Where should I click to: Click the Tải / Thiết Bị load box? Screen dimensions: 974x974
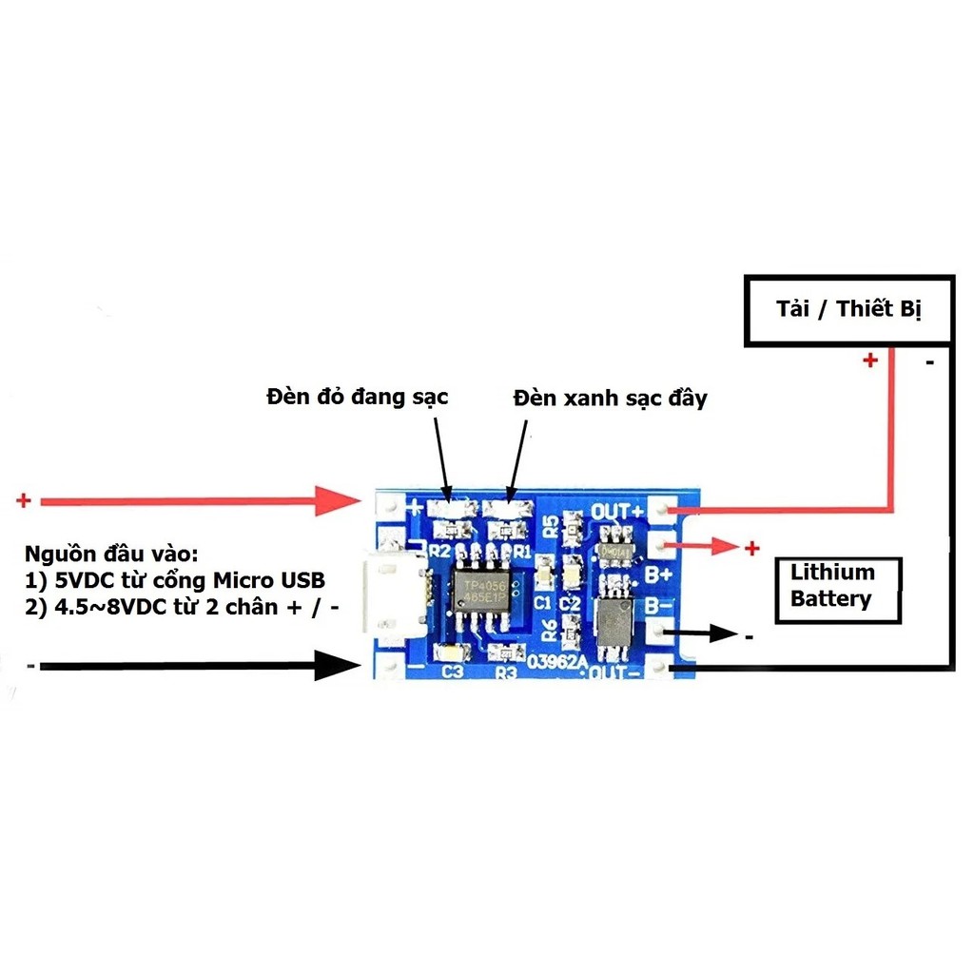point(849,309)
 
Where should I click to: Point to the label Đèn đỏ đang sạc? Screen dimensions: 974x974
point(357,397)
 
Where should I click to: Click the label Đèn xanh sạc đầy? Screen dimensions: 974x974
point(610,398)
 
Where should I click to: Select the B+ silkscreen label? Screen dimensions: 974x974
point(658,574)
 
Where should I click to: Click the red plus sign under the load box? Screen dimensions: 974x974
point(869,361)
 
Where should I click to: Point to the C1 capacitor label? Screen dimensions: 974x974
point(541,602)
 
